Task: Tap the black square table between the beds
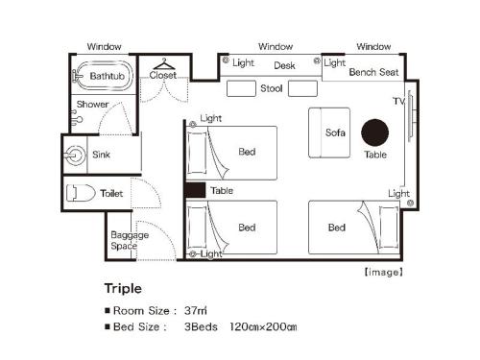[x=195, y=190]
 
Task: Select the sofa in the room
[x=329, y=132]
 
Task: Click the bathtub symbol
[x=101, y=76]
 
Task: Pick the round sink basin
[x=76, y=153]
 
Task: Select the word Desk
[x=284, y=66]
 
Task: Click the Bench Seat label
[x=374, y=72]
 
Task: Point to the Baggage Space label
[x=124, y=240]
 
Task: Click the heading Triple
[x=123, y=287]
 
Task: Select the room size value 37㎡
[x=197, y=310]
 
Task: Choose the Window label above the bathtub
[x=104, y=46]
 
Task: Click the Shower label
[x=92, y=104]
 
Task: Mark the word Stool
[x=271, y=88]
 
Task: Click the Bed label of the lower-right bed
[x=336, y=228]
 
